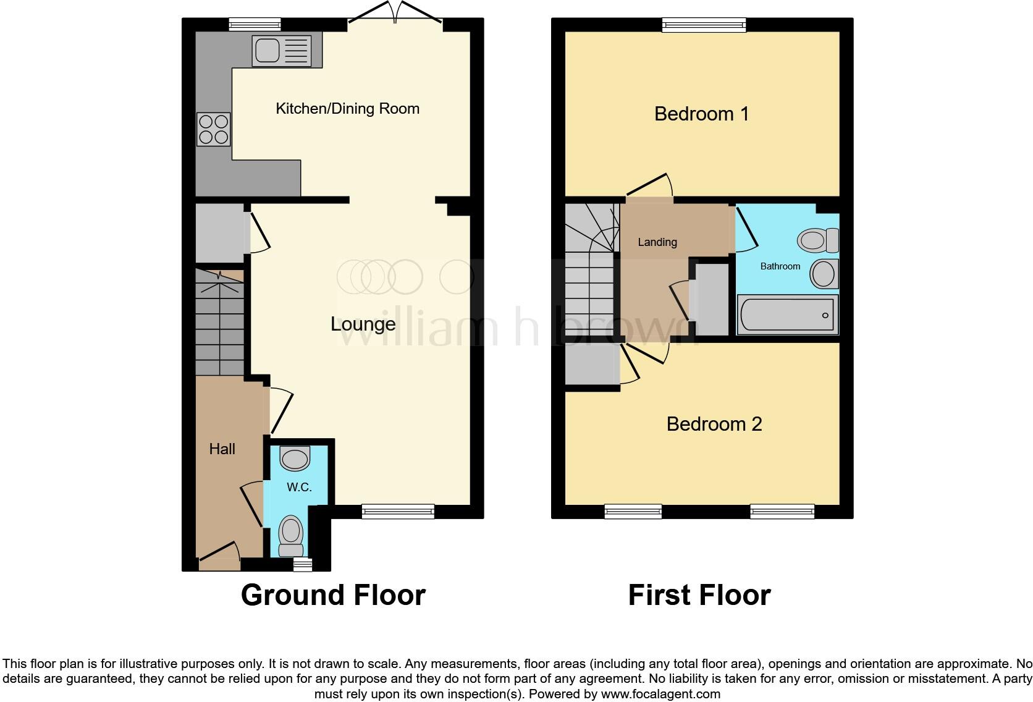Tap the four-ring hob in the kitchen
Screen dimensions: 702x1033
213,129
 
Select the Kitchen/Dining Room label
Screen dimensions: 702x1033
347,109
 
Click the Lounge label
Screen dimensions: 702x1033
363,324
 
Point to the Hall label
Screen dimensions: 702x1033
222,449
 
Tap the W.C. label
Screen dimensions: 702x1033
299,487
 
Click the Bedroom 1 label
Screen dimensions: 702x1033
701,114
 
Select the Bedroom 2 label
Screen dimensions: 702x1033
714,424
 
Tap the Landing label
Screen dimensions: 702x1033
657,242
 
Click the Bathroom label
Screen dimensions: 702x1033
780,266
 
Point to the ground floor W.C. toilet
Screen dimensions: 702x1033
291,536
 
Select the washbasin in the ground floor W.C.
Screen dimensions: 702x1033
295,459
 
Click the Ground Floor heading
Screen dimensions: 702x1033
333,595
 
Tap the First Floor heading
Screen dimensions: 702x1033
699,595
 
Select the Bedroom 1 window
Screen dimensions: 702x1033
704,25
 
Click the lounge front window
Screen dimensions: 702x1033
398,511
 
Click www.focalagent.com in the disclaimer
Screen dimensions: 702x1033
660,694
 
